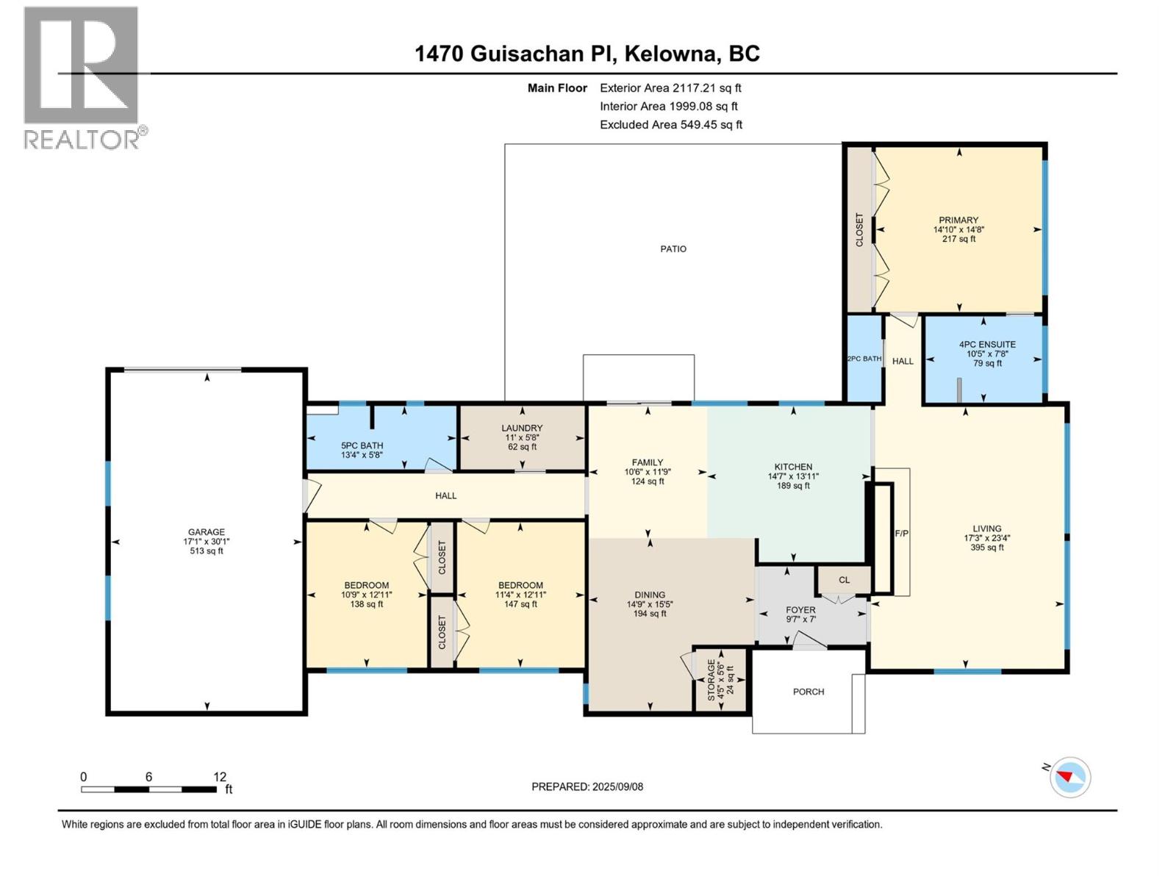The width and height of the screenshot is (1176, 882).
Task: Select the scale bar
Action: click(x=149, y=789)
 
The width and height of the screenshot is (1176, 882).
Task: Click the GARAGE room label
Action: click(x=207, y=531)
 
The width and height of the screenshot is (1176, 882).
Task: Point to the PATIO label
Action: click(x=673, y=249)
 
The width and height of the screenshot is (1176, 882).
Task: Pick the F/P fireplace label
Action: click(x=902, y=534)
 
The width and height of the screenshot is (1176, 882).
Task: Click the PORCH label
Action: click(x=808, y=692)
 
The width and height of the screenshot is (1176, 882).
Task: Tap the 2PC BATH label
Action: click(x=864, y=359)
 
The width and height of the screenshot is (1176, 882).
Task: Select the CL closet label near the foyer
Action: click(x=845, y=580)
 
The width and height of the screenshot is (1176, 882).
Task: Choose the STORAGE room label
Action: click(x=711, y=680)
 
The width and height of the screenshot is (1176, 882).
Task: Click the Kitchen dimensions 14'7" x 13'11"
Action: click(x=793, y=476)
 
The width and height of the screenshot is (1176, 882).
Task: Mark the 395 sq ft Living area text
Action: click(x=987, y=548)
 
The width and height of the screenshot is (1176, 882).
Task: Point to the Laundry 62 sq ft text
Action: click(x=522, y=447)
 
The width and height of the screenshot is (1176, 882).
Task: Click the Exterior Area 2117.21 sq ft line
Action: click(x=670, y=87)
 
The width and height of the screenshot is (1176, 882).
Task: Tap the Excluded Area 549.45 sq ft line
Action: click(x=671, y=125)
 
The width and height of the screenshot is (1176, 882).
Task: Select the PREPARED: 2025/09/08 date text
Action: click(x=587, y=786)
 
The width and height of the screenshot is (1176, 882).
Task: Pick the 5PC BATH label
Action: click(x=362, y=445)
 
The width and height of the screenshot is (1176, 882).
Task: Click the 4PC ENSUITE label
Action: click(x=987, y=344)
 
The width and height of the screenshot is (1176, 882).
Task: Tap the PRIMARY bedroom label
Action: click(x=958, y=220)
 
